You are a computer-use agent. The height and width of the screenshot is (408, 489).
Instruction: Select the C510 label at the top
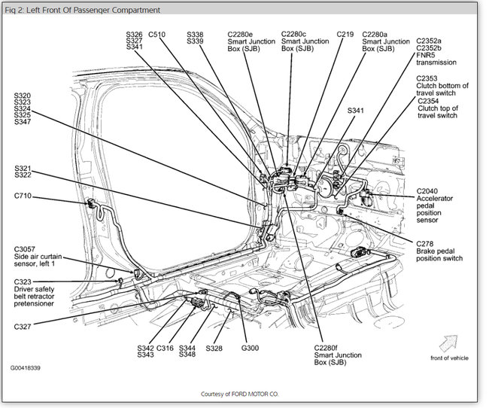pyautogui.click(x=157, y=35)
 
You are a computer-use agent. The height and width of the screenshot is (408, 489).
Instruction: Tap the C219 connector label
pyautogui.click(x=345, y=35)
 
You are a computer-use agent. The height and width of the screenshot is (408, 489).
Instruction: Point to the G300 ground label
pyautogui.click(x=250, y=349)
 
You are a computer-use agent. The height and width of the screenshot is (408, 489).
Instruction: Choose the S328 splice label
pyautogui.click(x=214, y=349)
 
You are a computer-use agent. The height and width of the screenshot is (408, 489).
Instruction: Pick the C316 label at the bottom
pyautogui.click(x=165, y=349)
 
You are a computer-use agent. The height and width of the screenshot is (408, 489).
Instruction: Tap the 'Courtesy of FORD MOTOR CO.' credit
pyautogui.click(x=244, y=394)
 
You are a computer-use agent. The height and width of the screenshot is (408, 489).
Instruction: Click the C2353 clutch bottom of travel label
pyautogui.click(x=442, y=85)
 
